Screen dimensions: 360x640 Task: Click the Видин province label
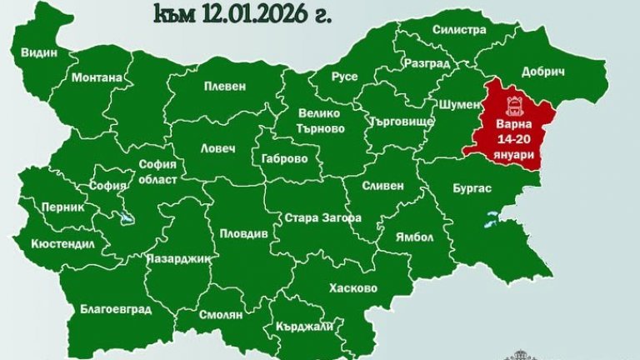tap(39, 52)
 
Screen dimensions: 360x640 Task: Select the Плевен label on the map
tap(225, 86)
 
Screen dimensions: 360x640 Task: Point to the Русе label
tap(344, 77)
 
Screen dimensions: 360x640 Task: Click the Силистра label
tap(459, 30)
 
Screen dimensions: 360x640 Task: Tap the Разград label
tap(426, 63)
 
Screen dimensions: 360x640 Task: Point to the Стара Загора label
tap(322, 217)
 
